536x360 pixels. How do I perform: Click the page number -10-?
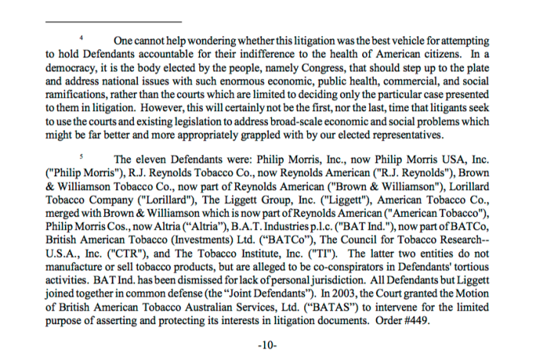tap(267, 345)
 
